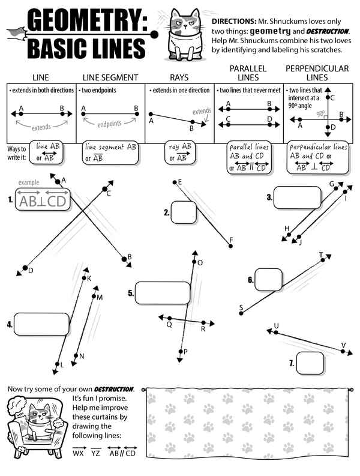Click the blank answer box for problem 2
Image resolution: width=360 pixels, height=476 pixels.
(x=184, y=212)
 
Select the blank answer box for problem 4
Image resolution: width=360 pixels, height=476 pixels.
(x=34, y=324)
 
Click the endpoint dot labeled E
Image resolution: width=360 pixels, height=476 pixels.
(x=174, y=182)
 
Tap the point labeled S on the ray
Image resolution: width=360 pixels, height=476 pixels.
(x=241, y=312)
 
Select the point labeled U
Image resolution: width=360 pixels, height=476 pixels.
(x=275, y=331)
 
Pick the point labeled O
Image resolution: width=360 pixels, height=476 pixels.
(x=193, y=262)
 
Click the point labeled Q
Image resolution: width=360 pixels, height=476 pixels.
(x=170, y=318)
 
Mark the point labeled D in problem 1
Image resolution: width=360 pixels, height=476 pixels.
(x=25, y=267)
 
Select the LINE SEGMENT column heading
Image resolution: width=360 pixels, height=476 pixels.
(x=110, y=77)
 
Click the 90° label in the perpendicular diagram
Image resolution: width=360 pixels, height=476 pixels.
(x=322, y=113)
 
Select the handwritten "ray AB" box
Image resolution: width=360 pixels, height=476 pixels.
(x=180, y=152)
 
